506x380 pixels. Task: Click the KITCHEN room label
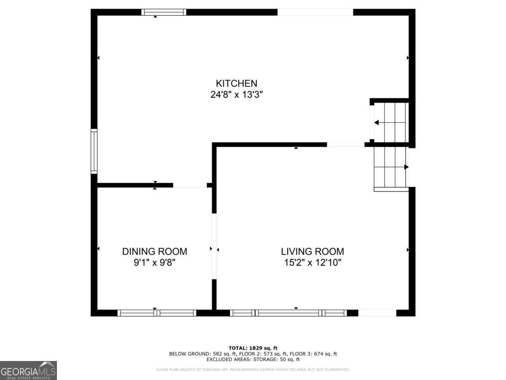[237, 83]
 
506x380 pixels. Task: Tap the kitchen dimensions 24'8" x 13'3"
[237, 95]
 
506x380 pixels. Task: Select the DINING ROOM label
[155, 251]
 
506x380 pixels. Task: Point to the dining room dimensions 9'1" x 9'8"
[155, 263]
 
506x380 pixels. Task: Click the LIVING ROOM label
[312, 251]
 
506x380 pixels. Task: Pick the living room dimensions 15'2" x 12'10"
[312, 263]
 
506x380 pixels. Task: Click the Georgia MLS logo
[28, 370]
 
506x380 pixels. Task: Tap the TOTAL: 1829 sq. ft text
[253, 348]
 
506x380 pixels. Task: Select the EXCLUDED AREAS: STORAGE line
[253, 360]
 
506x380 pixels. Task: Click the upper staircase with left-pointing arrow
[389, 122]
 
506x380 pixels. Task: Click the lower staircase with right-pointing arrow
[391, 167]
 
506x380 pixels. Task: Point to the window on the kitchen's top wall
[164, 12]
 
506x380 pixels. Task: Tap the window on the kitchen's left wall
[94, 151]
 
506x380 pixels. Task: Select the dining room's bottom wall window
[156, 313]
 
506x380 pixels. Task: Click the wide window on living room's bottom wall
[288, 313]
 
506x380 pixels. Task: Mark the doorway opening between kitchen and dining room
[190, 185]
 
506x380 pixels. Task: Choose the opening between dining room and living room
[214, 246]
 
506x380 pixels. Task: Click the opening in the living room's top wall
[345, 144]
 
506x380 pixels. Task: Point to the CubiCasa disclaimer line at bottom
[253, 370]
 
